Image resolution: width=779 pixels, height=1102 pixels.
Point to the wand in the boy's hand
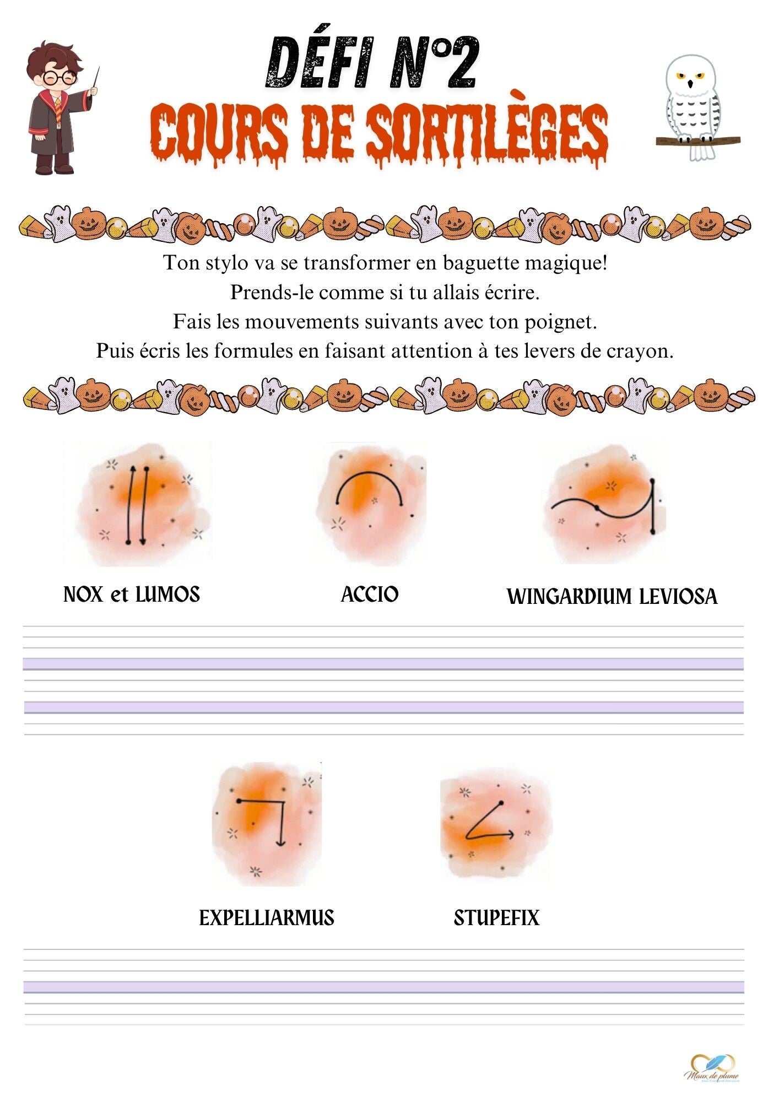pos(96,80)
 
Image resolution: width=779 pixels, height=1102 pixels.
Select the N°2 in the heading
pos(433,63)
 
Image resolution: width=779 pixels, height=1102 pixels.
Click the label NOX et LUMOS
pos(132,595)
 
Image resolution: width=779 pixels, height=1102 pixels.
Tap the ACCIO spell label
pos(370,595)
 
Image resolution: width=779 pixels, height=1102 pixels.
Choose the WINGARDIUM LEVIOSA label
pos(612,597)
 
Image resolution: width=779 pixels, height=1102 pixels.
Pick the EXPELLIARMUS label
pos(267,918)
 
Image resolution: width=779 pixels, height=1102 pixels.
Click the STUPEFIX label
pos(496,918)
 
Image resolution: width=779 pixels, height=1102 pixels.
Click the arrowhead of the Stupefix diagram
pos(511,834)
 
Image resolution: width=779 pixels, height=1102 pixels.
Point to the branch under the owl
pos(697,139)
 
